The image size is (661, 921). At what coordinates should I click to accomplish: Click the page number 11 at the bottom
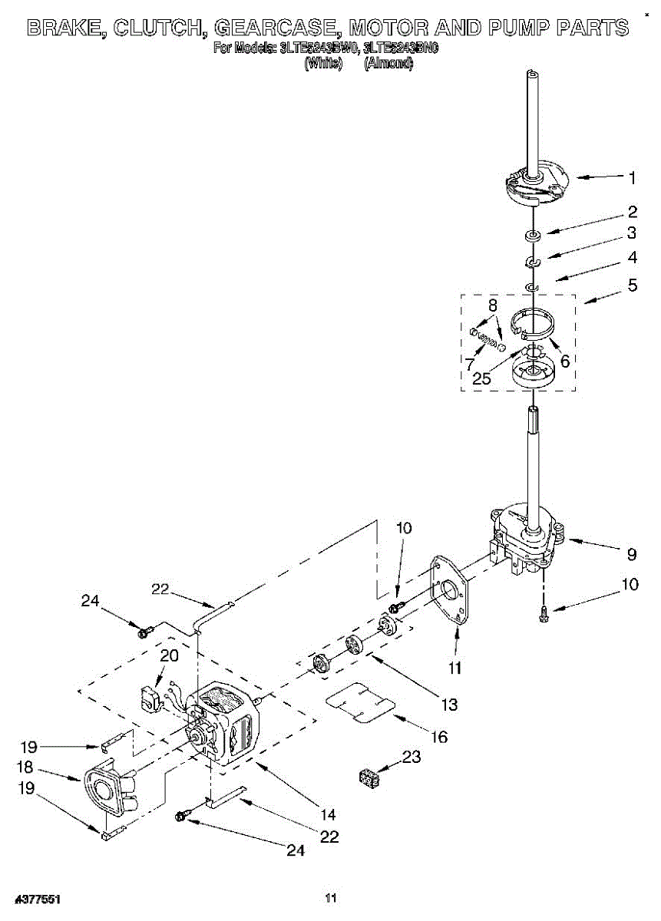tap(331, 898)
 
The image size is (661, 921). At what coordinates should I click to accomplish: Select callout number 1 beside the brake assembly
tap(632, 178)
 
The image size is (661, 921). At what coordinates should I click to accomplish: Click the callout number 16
tap(438, 737)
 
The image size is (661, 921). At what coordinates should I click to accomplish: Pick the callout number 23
tap(411, 757)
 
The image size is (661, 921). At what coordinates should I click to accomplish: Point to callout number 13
tap(448, 703)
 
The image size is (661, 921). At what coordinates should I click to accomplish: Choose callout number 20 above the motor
tap(168, 655)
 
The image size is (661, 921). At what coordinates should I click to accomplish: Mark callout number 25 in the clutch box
tap(481, 378)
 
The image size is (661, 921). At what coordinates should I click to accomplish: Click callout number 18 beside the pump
tap(24, 766)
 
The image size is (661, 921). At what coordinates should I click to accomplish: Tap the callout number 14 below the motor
tap(328, 814)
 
